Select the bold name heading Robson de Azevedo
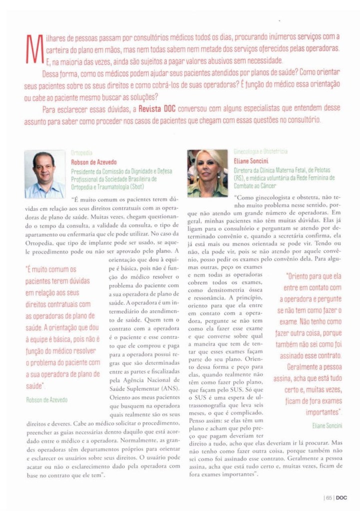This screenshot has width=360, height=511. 93,162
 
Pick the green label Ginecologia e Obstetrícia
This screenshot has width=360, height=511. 260,151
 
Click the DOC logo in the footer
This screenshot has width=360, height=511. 342,497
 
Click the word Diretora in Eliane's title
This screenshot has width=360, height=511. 243,170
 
